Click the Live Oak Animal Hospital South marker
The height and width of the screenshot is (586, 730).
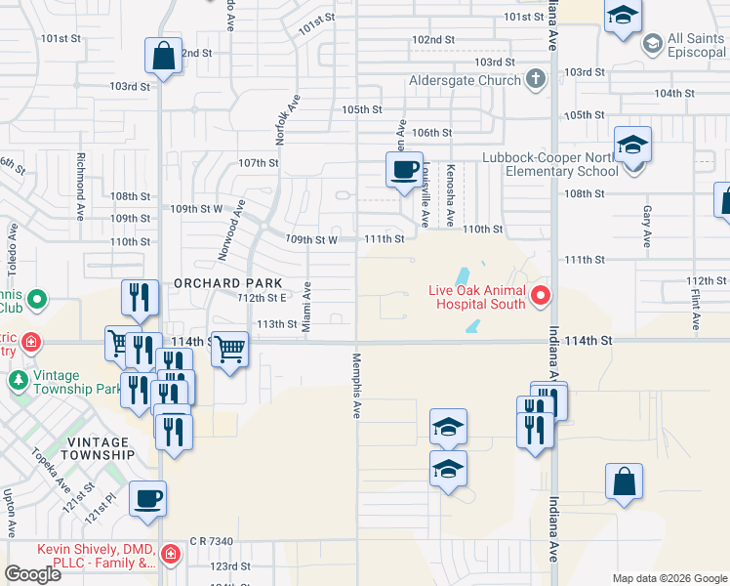(541, 294)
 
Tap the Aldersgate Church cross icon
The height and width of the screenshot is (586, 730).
(535, 79)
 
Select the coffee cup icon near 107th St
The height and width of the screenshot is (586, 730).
(403, 170)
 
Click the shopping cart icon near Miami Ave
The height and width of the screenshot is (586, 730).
(229, 348)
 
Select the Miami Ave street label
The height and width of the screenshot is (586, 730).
(306, 306)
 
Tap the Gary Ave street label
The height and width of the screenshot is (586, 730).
(646, 226)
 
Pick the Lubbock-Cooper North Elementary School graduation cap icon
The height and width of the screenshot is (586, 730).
(632, 146)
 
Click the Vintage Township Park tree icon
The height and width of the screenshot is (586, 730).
(18, 378)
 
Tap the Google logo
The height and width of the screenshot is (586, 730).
(32, 573)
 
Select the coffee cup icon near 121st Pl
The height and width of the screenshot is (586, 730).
(148, 499)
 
